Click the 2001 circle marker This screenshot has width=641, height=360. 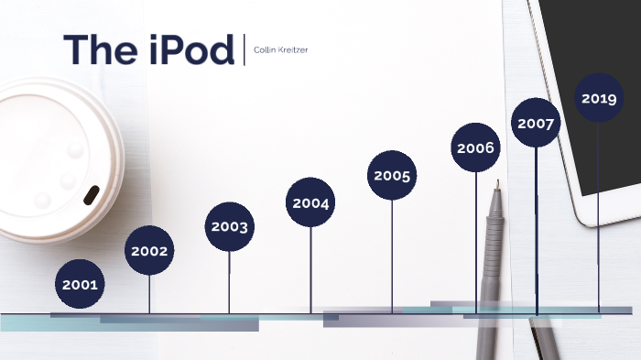80,284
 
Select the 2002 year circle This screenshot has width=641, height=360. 149,250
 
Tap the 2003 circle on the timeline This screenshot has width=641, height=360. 229,226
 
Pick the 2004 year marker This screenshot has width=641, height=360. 310,202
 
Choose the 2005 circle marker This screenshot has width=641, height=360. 392,175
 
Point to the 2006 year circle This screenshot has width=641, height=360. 476,147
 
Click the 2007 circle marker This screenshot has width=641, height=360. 536,123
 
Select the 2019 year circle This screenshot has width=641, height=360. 599,98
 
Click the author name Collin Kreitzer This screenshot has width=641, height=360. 281,49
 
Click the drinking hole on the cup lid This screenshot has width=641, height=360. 92,195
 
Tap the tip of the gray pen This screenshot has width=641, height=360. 496,184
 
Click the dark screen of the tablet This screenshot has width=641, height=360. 595,55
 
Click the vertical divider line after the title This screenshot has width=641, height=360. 244,49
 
